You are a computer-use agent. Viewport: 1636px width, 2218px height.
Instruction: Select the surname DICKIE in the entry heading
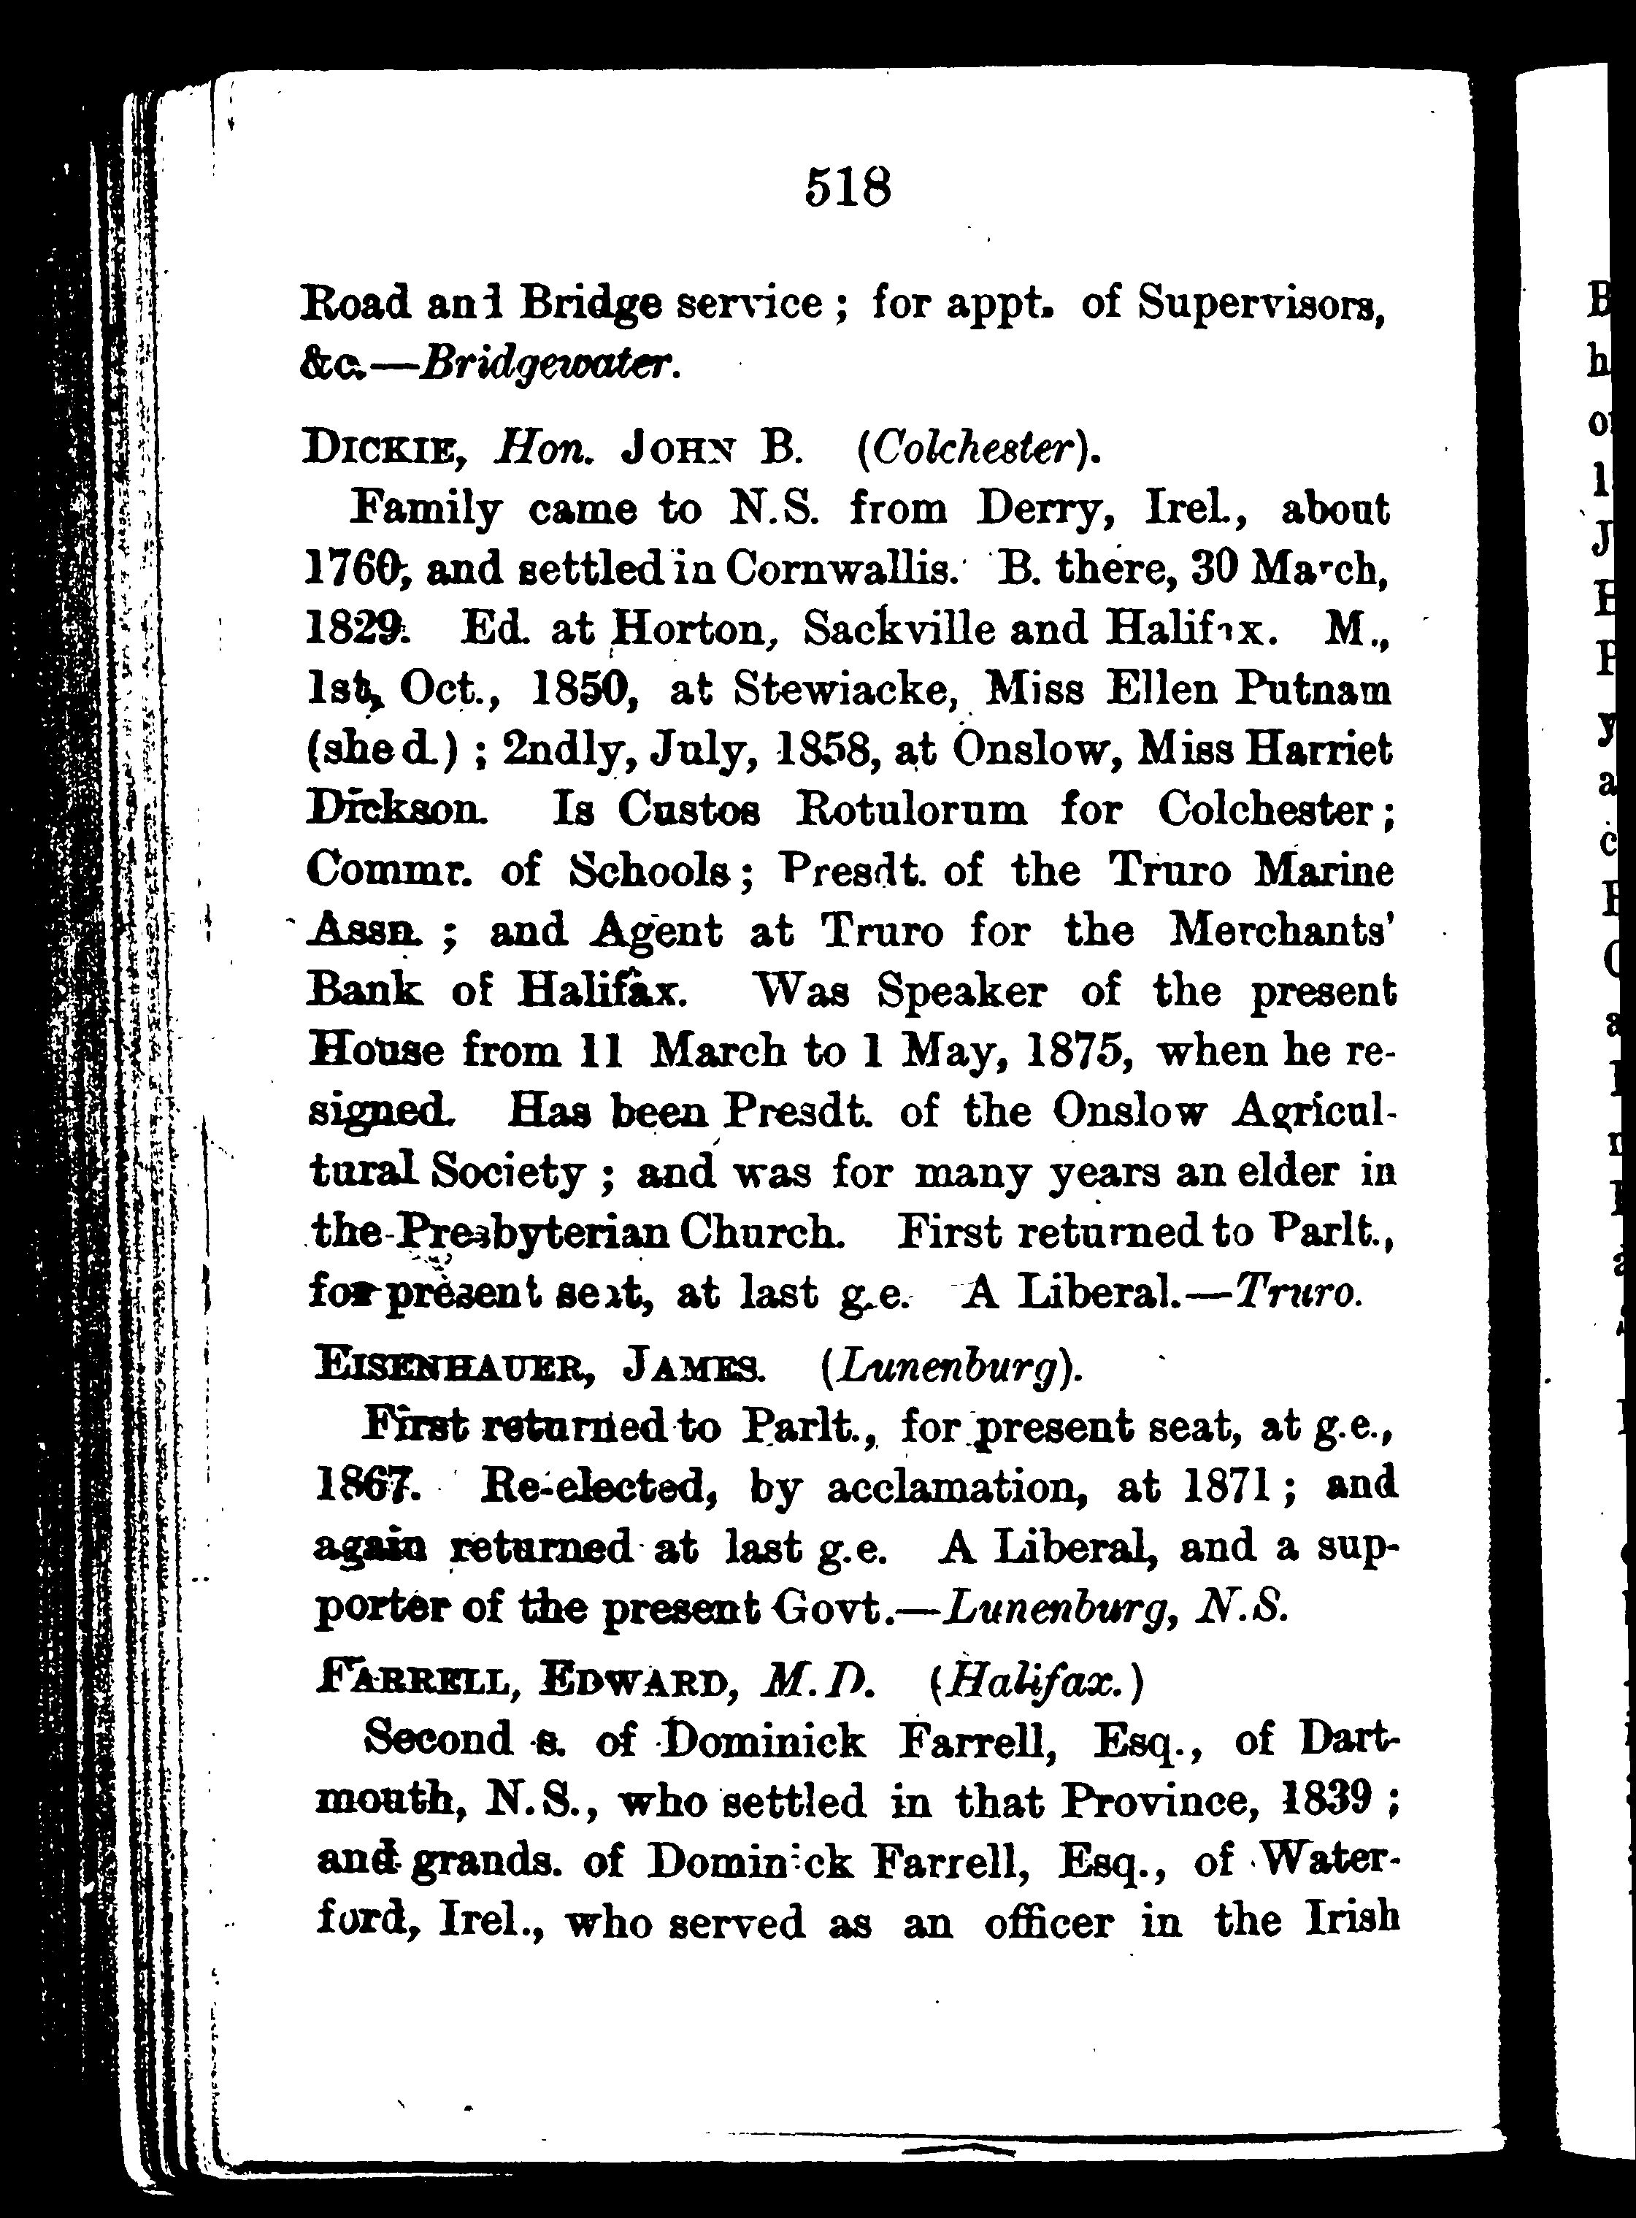pyautogui.click(x=380, y=451)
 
